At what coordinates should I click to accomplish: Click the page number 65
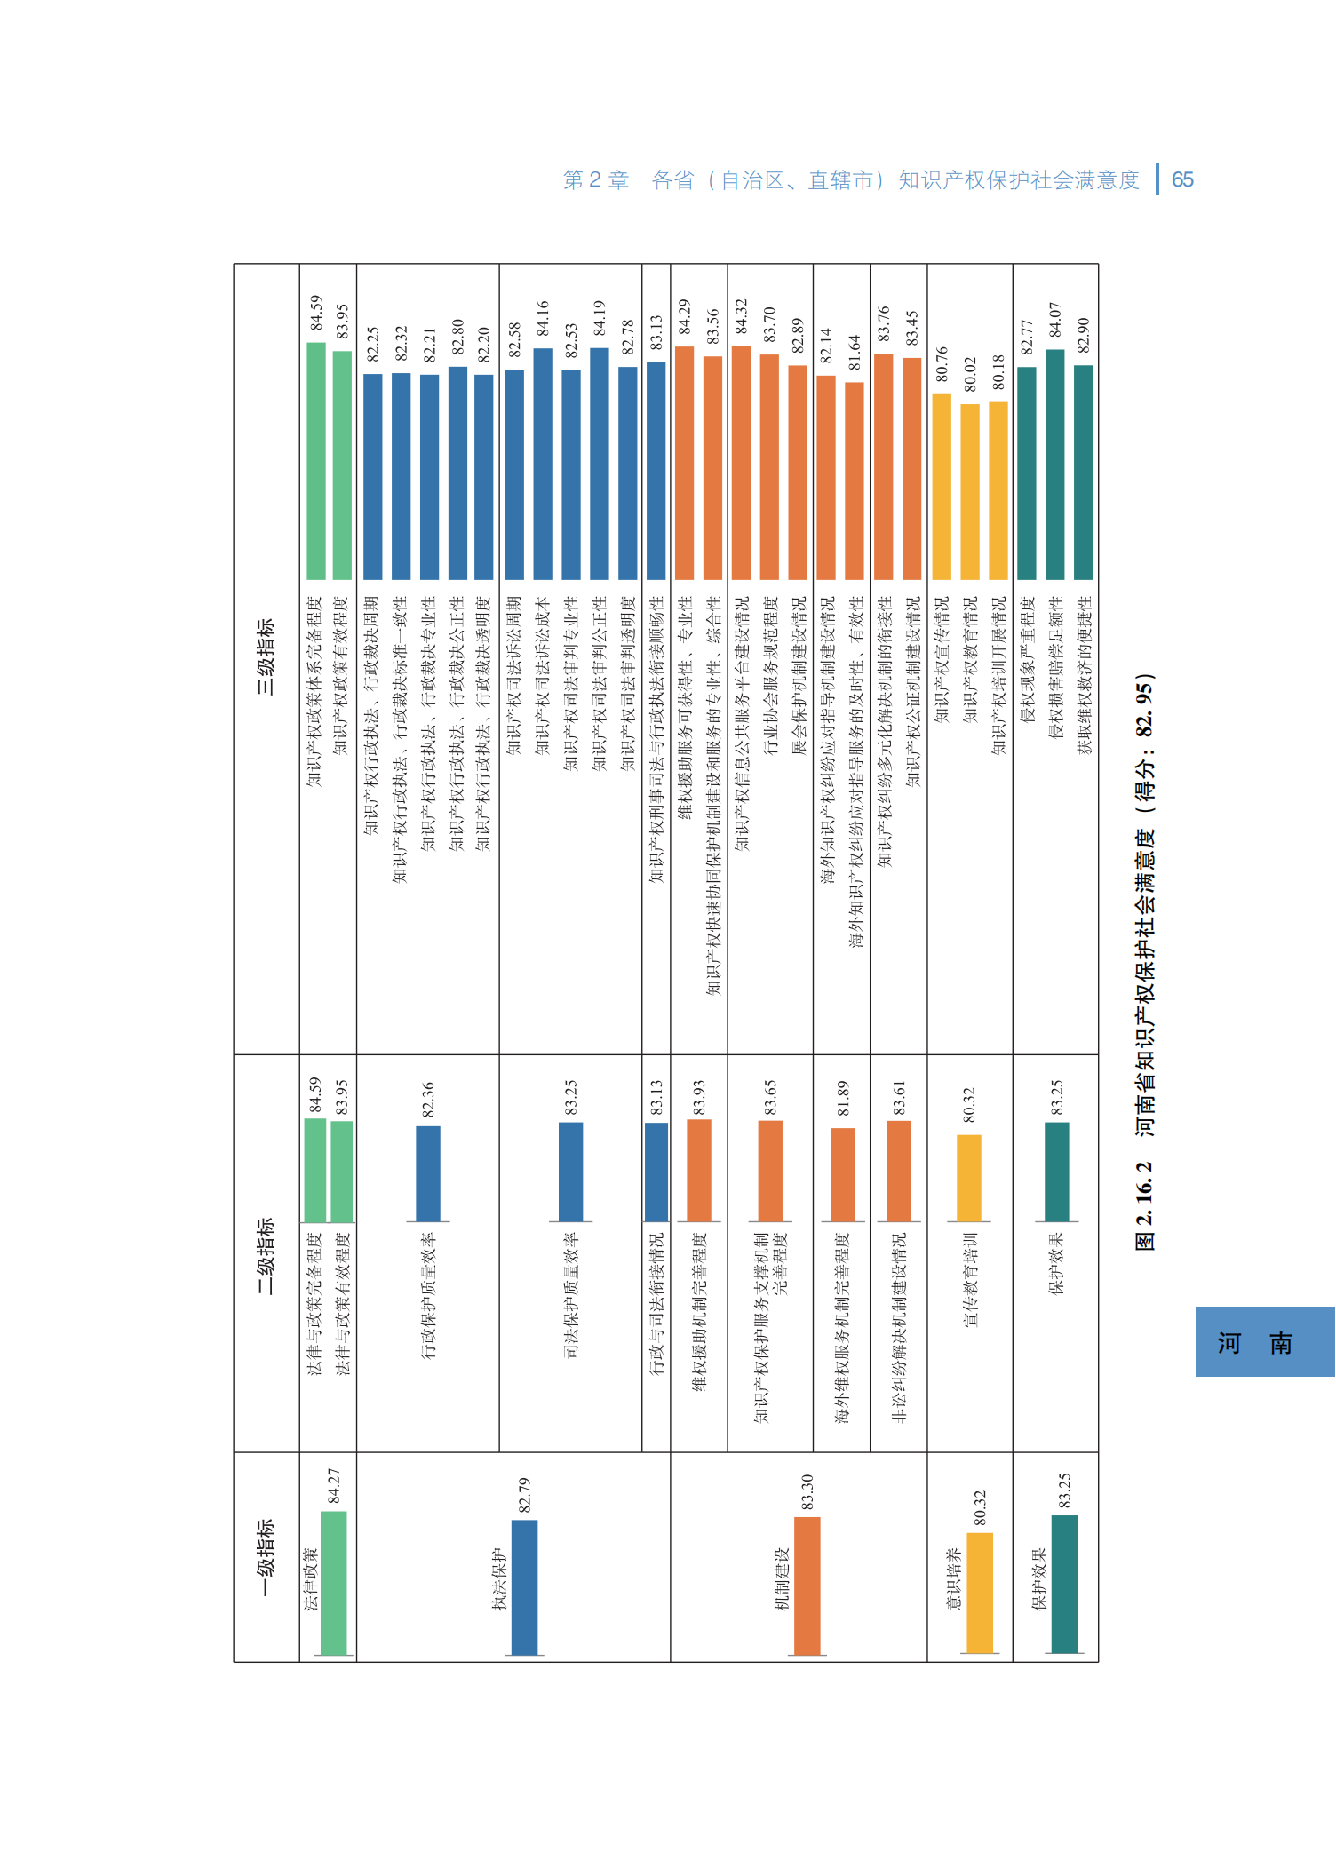(x=1182, y=180)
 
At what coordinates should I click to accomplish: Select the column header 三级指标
(x=266, y=657)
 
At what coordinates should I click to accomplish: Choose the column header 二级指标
(x=266, y=1255)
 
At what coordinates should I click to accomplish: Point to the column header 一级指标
(x=266, y=1557)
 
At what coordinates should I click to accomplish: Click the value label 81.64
(x=855, y=353)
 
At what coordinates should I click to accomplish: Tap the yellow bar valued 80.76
(x=942, y=487)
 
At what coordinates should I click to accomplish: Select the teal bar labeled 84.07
(x=1055, y=465)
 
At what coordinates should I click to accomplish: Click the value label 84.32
(x=741, y=317)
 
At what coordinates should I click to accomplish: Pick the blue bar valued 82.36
(x=428, y=1173)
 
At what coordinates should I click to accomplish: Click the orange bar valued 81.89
(x=843, y=1174)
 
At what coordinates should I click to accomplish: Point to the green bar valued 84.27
(x=334, y=1583)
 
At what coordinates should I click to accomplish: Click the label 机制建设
(x=782, y=1578)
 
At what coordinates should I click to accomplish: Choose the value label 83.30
(x=807, y=1491)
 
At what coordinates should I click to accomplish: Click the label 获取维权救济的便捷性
(x=1084, y=675)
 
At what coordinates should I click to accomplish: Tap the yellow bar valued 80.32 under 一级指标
(x=980, y=1593)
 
